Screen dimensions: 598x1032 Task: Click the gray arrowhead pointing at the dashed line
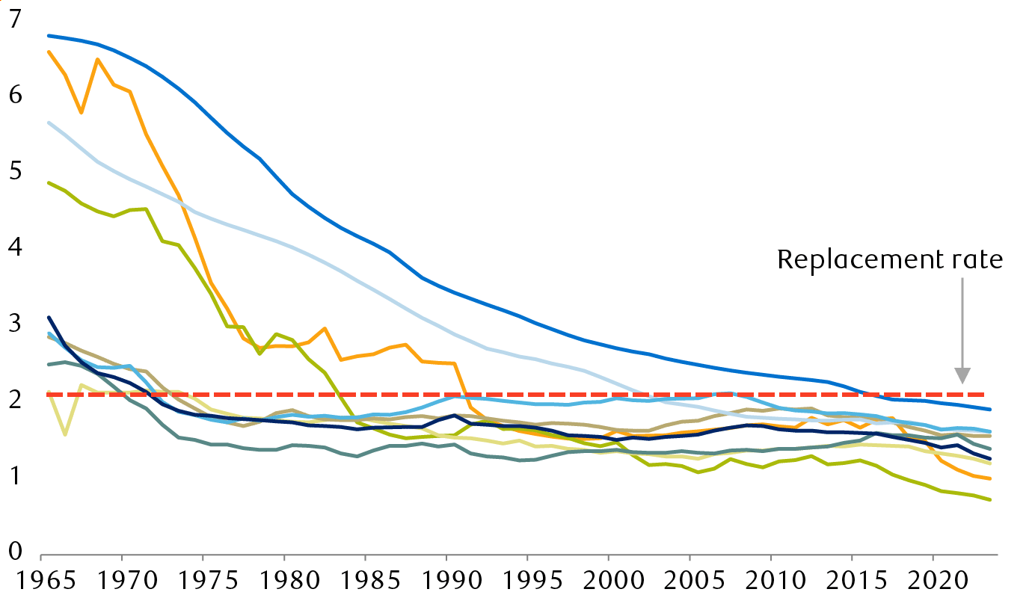(x=962, y=375)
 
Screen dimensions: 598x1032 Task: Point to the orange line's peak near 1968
(x=97, y=59)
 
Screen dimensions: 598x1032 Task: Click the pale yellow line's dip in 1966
(x=65, y=434)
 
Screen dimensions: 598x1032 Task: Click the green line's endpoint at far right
(x=990, y=500)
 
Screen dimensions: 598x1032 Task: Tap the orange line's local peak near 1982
(x=325, y=328)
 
